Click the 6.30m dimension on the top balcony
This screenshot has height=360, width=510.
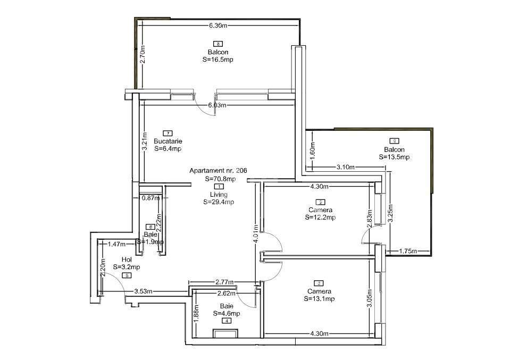(218, 25)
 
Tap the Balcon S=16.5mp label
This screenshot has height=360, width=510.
(218, 56)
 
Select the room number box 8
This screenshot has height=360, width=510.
(218, 44)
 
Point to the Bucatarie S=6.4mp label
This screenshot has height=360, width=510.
(168, 145)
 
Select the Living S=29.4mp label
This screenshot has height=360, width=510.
(218, 198)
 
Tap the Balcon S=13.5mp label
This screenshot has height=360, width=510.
(394, 153)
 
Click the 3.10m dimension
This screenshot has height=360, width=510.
(346, 168)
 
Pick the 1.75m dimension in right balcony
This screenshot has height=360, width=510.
(407, 251)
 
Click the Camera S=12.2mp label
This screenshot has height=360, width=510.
(320, 214)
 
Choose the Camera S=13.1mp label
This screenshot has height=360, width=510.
(319, 295)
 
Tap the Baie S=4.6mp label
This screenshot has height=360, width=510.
(227, 310)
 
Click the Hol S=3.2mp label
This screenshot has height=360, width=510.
(127, 263)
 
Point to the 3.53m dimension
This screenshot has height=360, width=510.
(144, 291)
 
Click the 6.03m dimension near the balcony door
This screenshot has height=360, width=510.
(218, 105)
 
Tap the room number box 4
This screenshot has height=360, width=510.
(227, 321)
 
